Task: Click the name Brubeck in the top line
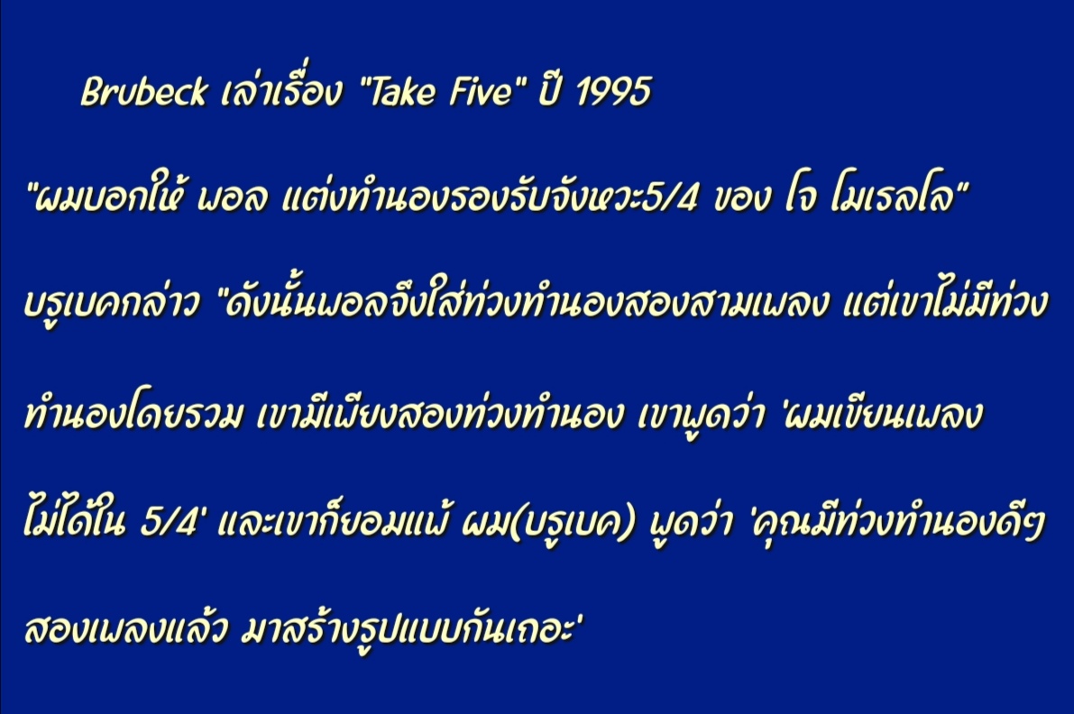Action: (144, 91)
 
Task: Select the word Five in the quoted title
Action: (479, 90)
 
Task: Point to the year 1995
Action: (614, 90)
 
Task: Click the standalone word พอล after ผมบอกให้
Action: (232, 199)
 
